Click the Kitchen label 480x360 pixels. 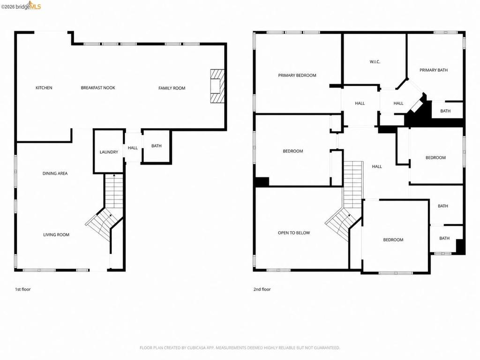click(x=44, y=88)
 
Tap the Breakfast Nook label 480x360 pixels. click(x=98, y=88)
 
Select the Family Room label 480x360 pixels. click(x=172, y=88)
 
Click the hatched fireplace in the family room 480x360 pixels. click(x=217, y=86)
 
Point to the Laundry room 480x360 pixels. click(x=109, y=152)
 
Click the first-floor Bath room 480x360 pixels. click(x=156, y=146)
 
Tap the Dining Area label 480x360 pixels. click(x=55, y=173)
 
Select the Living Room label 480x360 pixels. click(x=56, y=235)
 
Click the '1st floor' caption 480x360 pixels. click(x=23, y=289)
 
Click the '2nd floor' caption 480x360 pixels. click(x=262, y=289)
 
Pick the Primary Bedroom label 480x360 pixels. click(x=297, y=75)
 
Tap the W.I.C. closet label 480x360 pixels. click(x=375, y=62)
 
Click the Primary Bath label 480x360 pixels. click(x=434, y=70)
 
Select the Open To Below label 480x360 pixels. click(x=294, y=233)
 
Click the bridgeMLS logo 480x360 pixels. click(x=21, y=6)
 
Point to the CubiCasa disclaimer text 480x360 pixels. click(x=240, y=348)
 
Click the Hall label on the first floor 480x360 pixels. click(x=133, y=148)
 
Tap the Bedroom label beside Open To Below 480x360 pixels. click(x=393, y=240)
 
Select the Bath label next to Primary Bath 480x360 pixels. click(x=445, y=111)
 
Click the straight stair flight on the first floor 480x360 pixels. click(x=114, y=191)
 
